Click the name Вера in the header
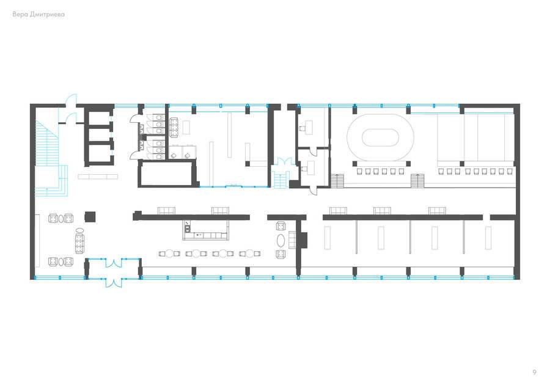tap(20, 15)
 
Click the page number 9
tap(534, 372)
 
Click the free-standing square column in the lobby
tap(90, 216)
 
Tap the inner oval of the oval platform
tap(381, 137)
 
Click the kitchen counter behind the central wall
tap(205, 230)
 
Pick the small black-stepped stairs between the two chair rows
tap(417, 181)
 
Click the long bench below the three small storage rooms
tap(98, 177)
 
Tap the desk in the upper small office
tap(309, 126)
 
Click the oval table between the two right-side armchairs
tap(281, 240)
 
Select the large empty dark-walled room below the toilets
tap(166, 173)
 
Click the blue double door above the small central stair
tap(284, 162)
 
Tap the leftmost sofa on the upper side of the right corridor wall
tap(338, 210)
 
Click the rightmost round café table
tap(250, 253)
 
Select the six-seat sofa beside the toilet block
tap(174, 127)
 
